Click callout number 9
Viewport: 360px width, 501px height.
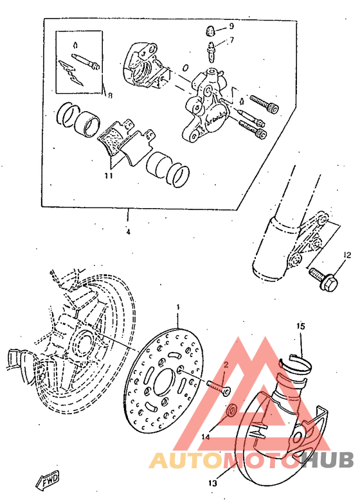click(232, 26)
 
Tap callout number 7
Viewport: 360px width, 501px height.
click(232, 40)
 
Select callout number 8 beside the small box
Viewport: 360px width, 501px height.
click(110, 96)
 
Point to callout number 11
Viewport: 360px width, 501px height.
click(109, 174)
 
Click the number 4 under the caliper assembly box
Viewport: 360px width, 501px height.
click(128, 232)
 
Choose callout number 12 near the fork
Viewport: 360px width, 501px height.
click(347, 255)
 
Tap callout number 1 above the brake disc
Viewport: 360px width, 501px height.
click(178, 308)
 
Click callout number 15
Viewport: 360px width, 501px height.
click(300, 326)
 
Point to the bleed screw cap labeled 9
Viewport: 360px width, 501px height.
click(210, 28)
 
